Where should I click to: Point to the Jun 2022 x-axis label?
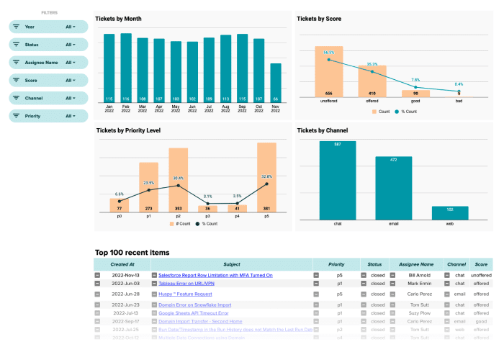(x=192, y=109)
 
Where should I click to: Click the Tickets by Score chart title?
(x=319, y=19)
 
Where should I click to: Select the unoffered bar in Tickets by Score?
(x=329, y=72)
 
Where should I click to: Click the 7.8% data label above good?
(x=415, y=80)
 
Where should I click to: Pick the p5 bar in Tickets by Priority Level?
(x=266, y=177)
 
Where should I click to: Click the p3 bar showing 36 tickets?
(x=207, y=208)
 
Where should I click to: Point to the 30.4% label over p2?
(x=178, y=178)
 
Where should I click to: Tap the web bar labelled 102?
(x=450, y=212)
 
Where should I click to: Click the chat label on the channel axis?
(x=338, y=223)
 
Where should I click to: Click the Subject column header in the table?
(x=232, y=264)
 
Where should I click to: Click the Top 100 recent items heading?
(x=132, y=253)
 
